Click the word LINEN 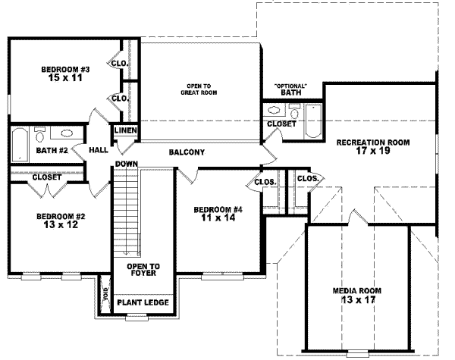[x=125, y=131]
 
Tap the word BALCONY [x=187, y=152]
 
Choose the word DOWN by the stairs [x=126, y=164]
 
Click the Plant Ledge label [x=143, y=303]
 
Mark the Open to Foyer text [x=143, y=271]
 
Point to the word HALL [x=98, y=151]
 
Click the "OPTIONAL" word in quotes [x=290, y=86]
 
